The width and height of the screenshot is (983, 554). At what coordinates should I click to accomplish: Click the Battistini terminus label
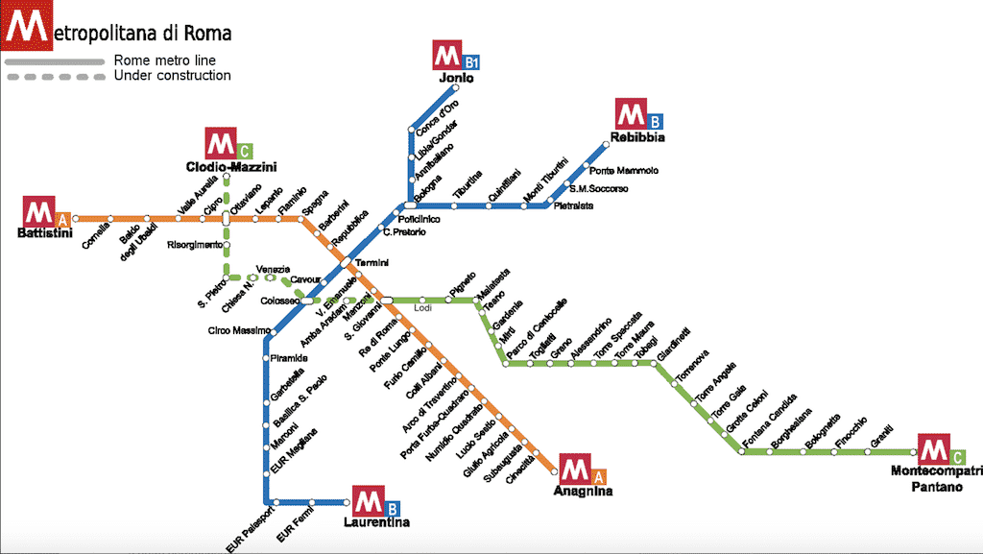pyautogui.click(x=45, y=235)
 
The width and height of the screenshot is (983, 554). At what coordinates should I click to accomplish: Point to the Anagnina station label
pyautogui.click(x=583, y=491)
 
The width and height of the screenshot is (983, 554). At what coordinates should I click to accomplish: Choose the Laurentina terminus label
pyautogui.click(x=376, y=522)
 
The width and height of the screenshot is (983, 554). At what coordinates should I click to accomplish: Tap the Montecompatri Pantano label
pyautogui.click(x=937, y=478)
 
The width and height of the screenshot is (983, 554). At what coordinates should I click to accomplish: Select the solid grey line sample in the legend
pyautogui.click(x=55, y=61)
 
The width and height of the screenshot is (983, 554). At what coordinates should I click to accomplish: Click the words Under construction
pyautogui.click(x=172, y=76)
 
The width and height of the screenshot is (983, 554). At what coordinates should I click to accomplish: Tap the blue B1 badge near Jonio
pyautogui.click(x=470, y=62)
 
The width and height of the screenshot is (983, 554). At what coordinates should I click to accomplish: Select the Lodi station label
pyautogui.click(x=422, y=309)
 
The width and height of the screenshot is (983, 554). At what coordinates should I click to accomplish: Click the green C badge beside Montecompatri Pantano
pyautogui.click(x=959, y=456)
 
